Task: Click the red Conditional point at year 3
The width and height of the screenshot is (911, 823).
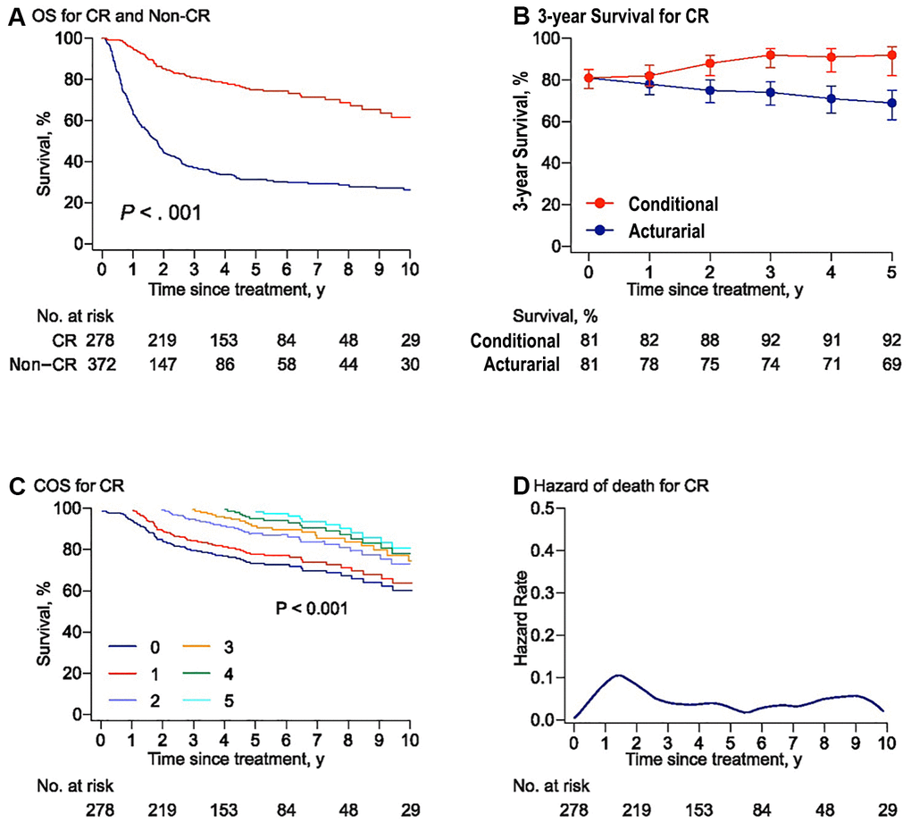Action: point(771,55)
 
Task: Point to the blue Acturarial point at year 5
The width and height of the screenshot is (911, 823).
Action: point(891,103)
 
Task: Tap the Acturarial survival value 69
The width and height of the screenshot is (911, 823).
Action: point(891,365)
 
